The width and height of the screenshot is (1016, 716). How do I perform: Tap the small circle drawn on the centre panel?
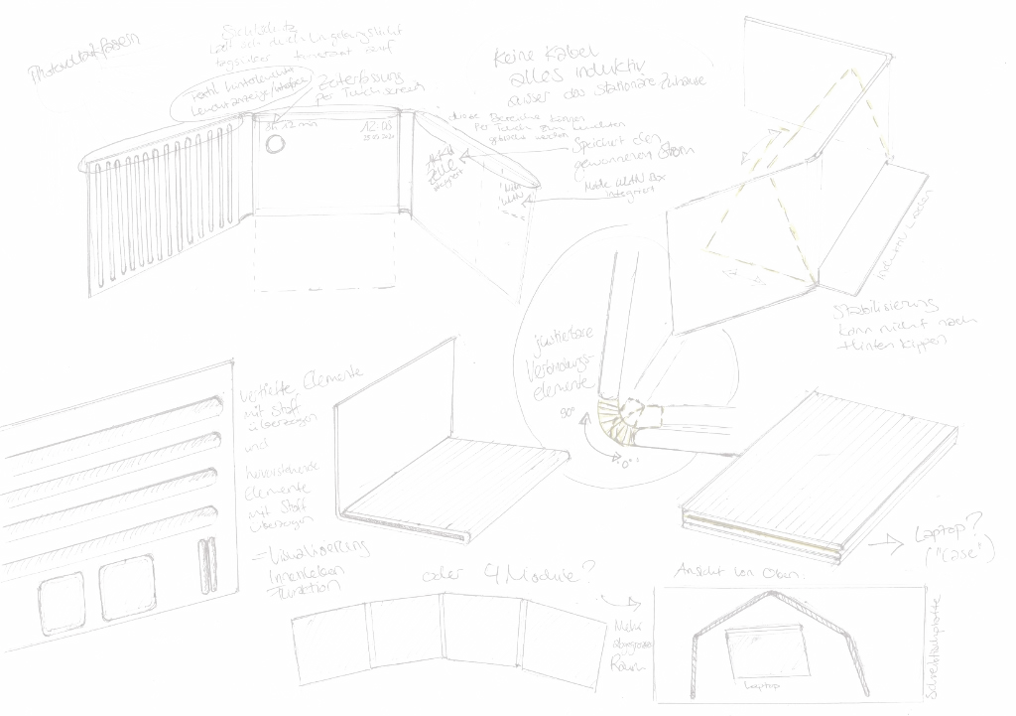(276, 144)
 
